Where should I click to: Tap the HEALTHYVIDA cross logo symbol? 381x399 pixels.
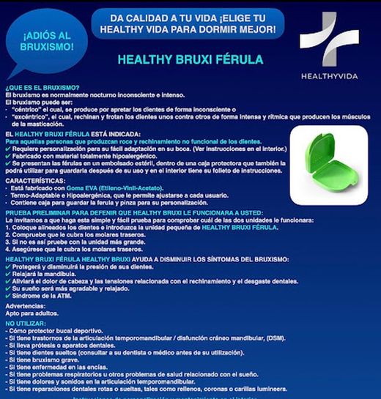(328, 40)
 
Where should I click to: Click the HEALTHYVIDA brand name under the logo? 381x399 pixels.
(329, 76)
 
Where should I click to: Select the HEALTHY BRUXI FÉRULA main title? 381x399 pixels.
(190, 59)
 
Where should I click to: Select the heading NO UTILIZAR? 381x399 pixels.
(25, 322)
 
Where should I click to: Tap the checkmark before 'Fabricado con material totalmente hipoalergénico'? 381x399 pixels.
(8, 154)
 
